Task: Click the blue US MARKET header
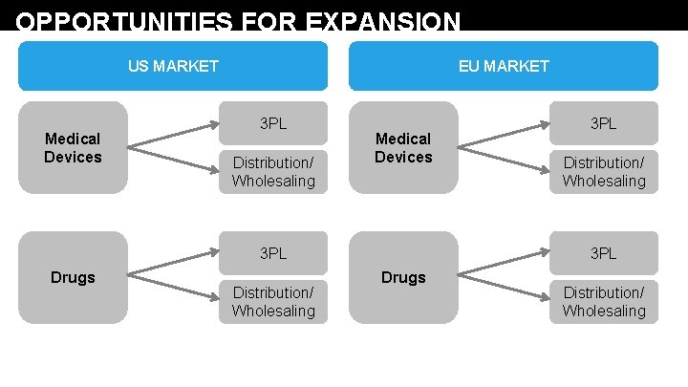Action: (x=173, y=66)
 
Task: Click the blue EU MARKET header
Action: (x=504, y=66)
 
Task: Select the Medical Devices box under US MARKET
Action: (x=73, y=148)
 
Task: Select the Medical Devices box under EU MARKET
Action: (x=403, y=148)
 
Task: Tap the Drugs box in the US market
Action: (x=73, y=278)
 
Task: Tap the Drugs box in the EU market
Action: (x=403, y=278)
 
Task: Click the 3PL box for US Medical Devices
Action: (x=273, y=123)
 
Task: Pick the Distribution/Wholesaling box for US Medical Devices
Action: (x=273, y=172)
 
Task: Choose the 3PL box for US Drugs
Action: (x=273, y=253)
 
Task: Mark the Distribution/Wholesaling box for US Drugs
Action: (x=273, y=302)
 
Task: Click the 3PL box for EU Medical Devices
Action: (x=604, y=123)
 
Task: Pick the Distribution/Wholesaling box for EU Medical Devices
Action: (x=604, y=172)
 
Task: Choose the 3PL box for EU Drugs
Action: (x=604, y=253)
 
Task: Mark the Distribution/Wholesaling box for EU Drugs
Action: (x=604, y=302)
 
